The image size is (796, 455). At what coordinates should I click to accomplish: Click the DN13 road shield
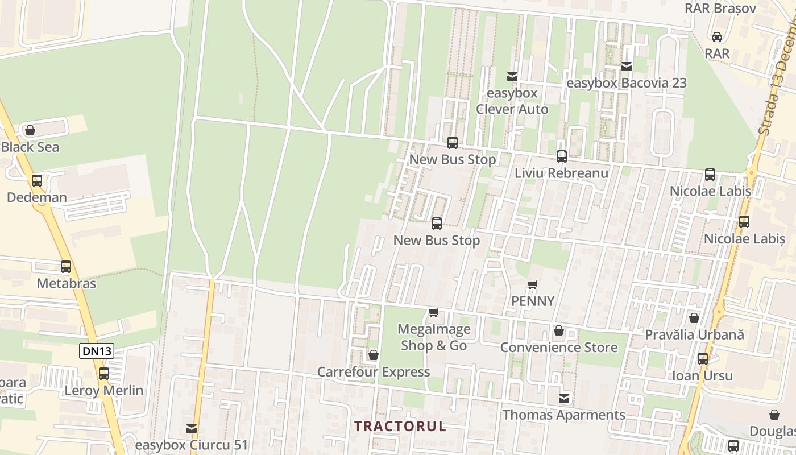coord(97,351)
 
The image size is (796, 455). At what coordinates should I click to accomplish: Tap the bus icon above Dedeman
coord(37,181)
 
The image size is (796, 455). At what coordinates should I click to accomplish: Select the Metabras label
coord(67,283)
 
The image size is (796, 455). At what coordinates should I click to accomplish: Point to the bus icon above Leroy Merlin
coord(103,374)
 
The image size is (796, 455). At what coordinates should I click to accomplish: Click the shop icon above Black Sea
coord(30,130)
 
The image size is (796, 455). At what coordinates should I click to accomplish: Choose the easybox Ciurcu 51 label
coord(192,444)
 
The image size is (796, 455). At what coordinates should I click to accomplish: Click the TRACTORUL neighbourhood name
coord(400,426)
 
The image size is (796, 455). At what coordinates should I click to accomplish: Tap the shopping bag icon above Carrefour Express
coord(374,355)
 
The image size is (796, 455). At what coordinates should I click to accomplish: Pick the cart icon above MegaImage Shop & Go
coord(434,312)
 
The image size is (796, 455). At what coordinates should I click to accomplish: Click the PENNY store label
coord(533,301)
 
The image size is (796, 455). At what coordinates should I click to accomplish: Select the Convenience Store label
coord(559,348)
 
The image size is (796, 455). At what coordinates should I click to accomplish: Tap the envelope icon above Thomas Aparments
coord(564,399)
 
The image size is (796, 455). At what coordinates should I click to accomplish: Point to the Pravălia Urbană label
coord(694,335)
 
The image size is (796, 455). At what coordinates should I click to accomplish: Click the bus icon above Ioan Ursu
coord(703,359)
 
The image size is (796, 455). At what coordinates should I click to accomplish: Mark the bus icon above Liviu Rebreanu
coord(562,156)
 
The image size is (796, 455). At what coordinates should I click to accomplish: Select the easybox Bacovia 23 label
coord(627,83)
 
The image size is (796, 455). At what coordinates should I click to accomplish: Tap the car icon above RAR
coord(717,37)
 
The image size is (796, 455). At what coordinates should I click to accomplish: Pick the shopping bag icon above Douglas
coord(774,415)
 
